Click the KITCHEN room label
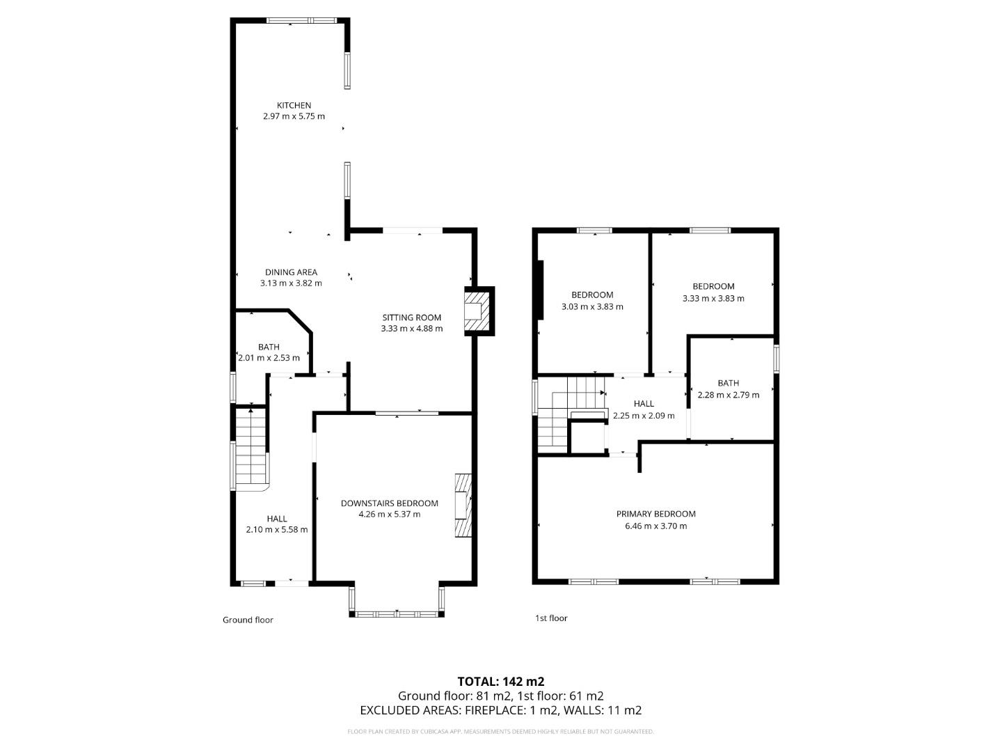tap(294, 105)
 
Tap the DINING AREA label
tap(291, 272)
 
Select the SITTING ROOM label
tap(411, 318)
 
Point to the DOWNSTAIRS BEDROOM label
tap(389, 503)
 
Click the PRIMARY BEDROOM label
tap(655, 514)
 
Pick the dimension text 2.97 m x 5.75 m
tap(294, 116)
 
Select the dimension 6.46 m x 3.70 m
tap(655, 526)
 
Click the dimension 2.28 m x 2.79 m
tap(728, 395)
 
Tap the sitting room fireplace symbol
tap(477, 311)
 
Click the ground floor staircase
tap(249, 448)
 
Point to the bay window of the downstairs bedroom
tap(397, 613)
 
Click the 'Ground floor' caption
tap(248, 620)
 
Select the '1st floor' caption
tap(551, 618)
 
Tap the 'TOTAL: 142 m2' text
tap(500, 681)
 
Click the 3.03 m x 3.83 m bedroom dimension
tap(592, 306)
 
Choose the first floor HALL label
tap(644, 403)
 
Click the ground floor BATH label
tap(269, 347)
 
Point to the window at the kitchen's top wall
tap(301, 21)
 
